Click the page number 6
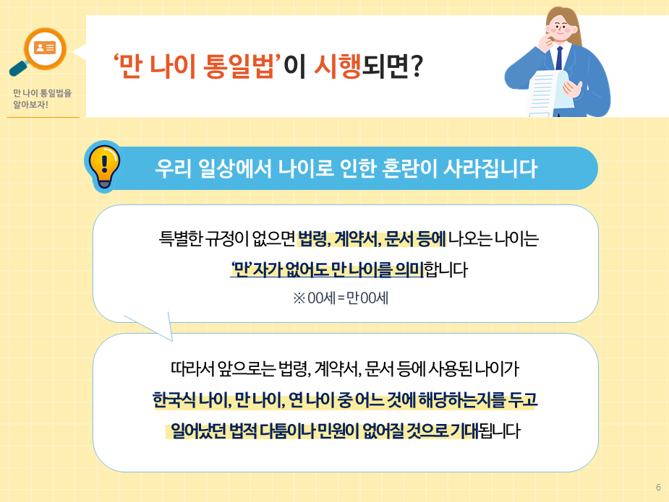click(658, 488)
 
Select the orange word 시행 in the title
click(337, 67)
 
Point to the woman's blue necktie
click(559, 56)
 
